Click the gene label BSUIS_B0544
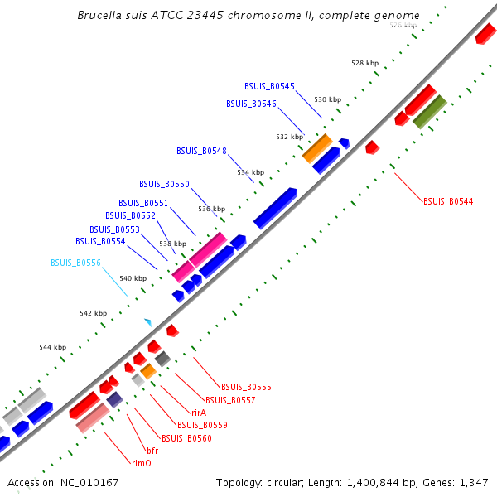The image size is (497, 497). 448,201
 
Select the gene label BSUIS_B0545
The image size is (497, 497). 269,86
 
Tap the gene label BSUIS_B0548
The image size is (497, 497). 201,151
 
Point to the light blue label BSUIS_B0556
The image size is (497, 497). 75,263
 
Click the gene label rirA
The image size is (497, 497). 199,413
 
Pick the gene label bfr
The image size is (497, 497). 152,451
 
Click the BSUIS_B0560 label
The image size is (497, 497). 186,438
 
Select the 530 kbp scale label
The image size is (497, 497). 327,99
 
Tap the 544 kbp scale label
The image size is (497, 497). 52,348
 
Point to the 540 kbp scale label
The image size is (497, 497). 133,278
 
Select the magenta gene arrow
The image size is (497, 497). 199,257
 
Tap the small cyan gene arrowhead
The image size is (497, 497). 148,321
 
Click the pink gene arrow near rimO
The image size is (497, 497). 92,418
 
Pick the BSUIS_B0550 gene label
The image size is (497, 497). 164,184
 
